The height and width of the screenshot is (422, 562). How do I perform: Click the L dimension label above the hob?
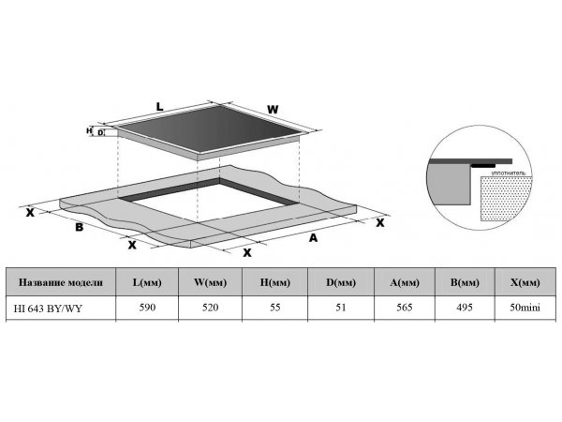point(159,107)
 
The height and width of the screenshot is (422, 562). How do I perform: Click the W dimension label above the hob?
point(273,110)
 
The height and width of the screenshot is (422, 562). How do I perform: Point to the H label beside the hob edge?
point(89,131)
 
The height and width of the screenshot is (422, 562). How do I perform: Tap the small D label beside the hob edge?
point(100,133)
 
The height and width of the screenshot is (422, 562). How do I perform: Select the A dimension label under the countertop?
point(313,238)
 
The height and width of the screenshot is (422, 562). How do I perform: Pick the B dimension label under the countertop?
point(80,227)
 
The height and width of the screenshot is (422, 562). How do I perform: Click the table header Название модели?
point(61,282)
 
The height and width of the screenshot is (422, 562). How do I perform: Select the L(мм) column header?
point(147,282)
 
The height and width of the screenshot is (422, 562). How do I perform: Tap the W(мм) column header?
point(211,282)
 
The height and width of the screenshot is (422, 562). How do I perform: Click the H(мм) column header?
point(274,282)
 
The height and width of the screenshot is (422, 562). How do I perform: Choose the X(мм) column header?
point(525,282)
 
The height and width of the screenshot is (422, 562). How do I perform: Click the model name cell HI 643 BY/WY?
point(48,309)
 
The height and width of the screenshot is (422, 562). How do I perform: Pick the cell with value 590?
point(147,308)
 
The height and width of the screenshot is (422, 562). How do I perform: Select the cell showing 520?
point(211,308)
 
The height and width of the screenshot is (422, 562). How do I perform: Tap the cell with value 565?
point(405,308)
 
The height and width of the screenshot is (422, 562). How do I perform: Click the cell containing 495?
point(465,308)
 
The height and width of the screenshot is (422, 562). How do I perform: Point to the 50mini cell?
point(525,308)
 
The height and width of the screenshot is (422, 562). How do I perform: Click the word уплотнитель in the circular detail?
point(509,173)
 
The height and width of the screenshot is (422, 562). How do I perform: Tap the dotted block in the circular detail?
point(506,199)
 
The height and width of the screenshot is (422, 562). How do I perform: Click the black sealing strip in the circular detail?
point(483,166)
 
